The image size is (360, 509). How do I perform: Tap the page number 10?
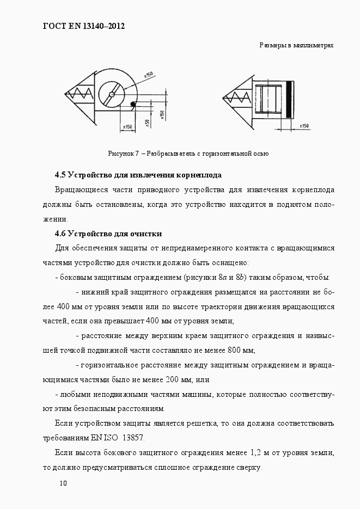click(x=63, y=483)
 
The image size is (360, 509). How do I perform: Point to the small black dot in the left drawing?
click(x=132, y=105)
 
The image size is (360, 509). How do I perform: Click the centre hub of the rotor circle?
click(x=111, y=95)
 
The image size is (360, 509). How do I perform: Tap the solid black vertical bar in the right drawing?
click(x=290, y=100)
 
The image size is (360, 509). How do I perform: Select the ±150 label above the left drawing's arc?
click(x=149, y=74)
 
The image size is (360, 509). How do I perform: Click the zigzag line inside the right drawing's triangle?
click(x=239, y=98)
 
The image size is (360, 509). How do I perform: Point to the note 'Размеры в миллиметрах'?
click(x=296, y=46)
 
